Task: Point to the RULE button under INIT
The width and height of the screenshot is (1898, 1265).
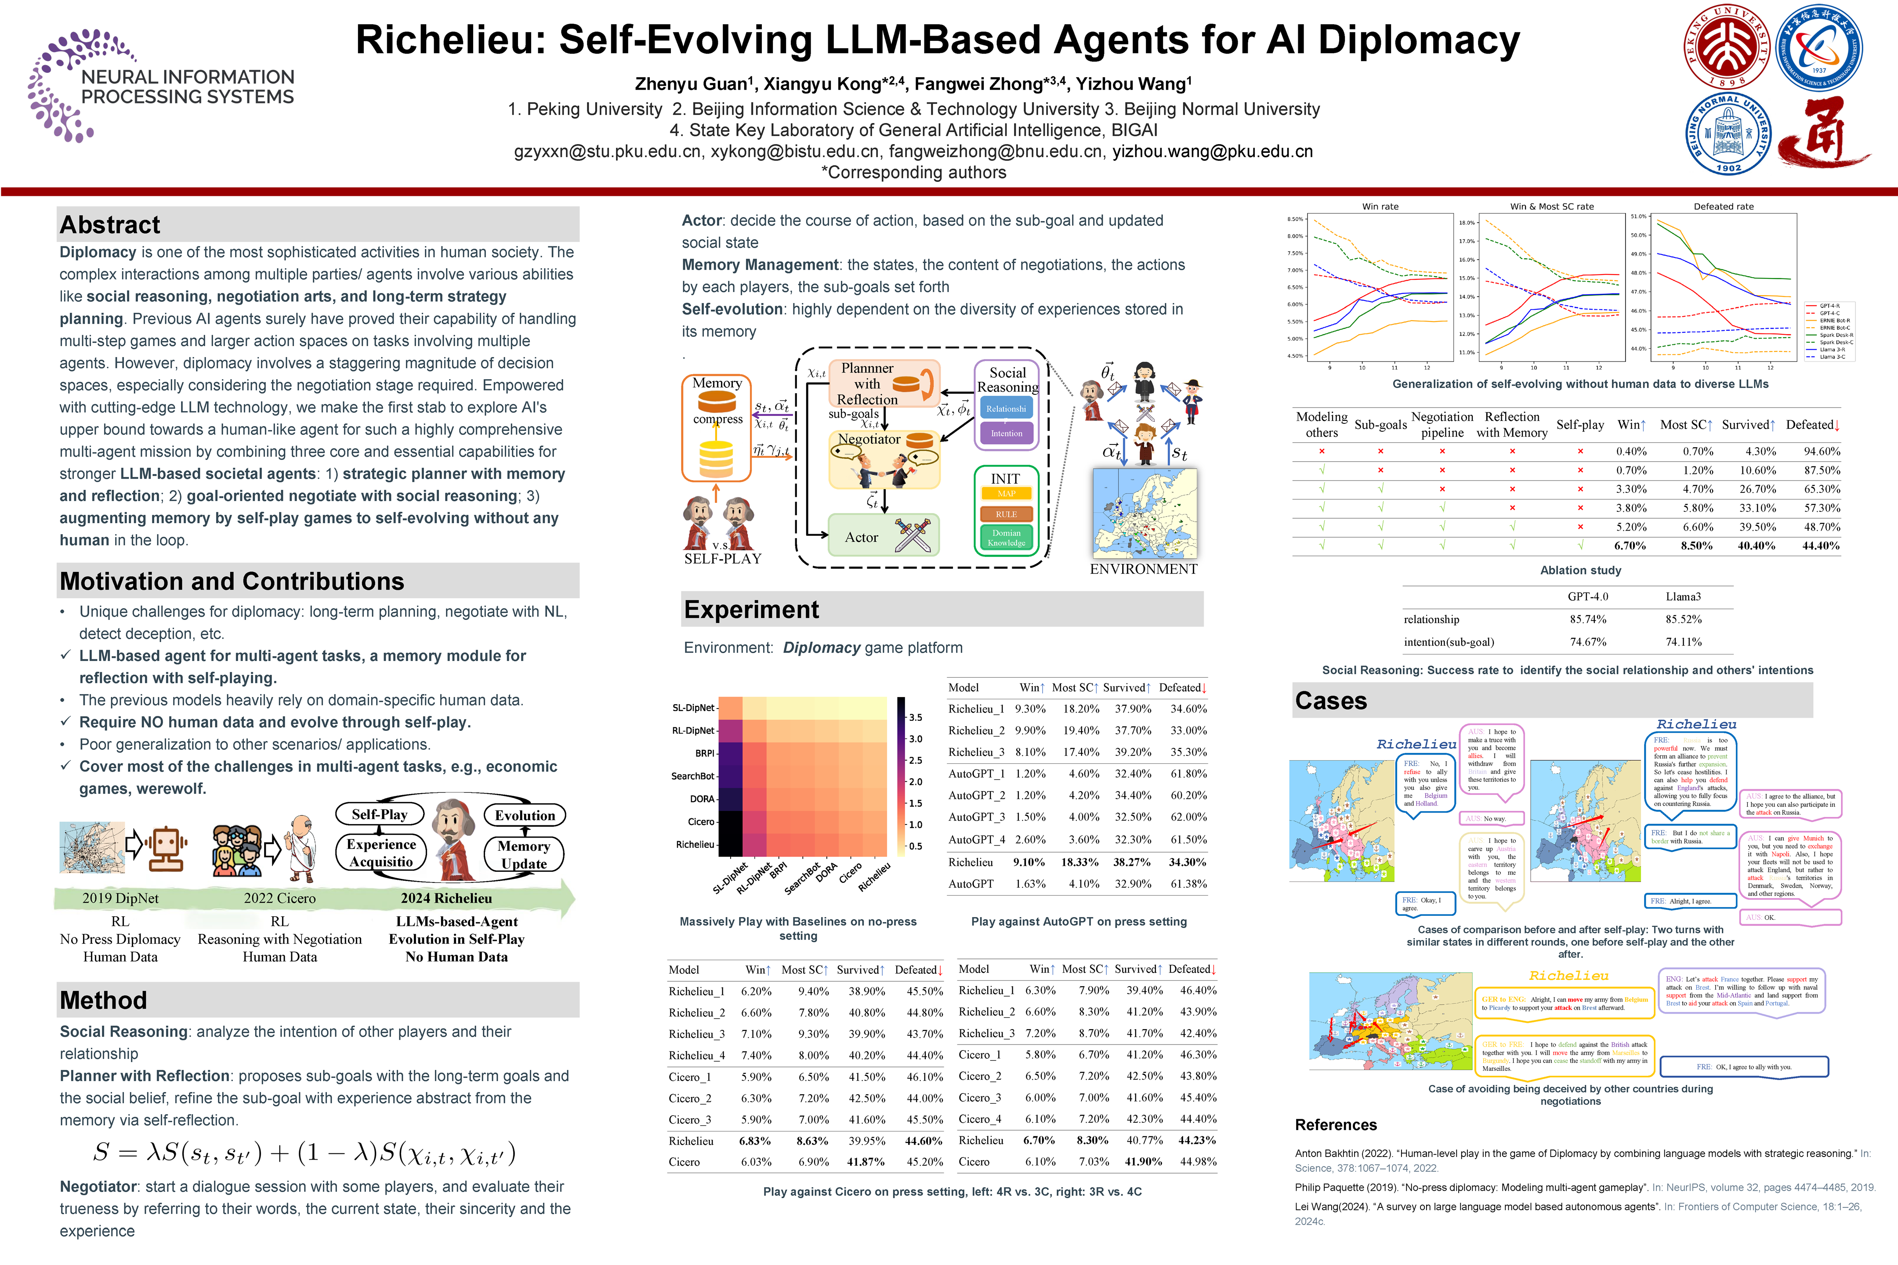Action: (x=1006, y=514)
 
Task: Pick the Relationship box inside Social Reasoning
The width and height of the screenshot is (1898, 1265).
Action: (x=1006, y=409)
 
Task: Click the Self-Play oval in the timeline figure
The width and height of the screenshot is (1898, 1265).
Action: (x=379, y=815)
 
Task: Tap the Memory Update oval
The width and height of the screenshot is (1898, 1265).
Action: (x=524, y=854)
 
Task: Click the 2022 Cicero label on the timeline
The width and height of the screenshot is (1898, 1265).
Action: (x=279, y=898)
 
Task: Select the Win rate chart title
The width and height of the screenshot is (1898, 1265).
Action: (x=1380, y=206)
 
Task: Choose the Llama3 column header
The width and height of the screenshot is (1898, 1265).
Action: (x=1683, y=597)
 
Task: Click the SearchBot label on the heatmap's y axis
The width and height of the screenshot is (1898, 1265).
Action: (x=692, y=776)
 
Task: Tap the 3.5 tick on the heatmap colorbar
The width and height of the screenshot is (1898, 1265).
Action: (x=915, y=717)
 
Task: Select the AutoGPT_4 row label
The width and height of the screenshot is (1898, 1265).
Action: (x=976, y=840)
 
